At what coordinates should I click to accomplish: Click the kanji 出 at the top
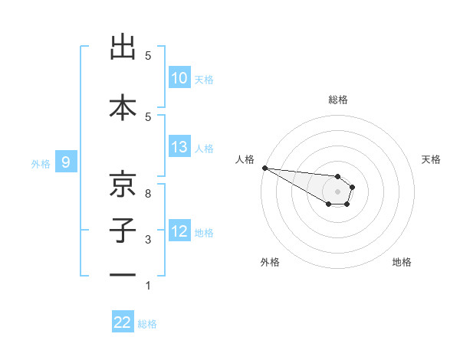coord(123,48)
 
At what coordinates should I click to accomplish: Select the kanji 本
coord(123,106)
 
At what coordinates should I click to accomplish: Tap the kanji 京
coord(123,185)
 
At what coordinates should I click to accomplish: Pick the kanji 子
coord(123,231)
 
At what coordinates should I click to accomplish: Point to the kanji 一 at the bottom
coord(123,275)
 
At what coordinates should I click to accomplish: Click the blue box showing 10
coord(179,78)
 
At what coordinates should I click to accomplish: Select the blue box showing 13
coord(179,147)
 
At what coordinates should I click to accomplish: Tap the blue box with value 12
coord(179,231)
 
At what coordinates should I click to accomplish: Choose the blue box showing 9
coord(67,162)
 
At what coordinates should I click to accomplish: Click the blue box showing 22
coord(123,322)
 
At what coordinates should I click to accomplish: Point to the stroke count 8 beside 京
coord(148,194)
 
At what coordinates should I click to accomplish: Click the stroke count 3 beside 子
coord(148,240)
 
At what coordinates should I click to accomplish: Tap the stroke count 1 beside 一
coord(148,286)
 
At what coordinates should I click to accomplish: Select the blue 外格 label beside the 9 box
coord(41,162)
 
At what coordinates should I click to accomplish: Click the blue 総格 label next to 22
coord(147,324)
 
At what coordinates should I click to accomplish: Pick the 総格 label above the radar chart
coord(338,100)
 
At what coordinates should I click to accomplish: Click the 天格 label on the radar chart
coord(432,159)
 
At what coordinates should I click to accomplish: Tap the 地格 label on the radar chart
coord(402,262)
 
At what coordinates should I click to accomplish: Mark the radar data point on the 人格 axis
coord(264,168)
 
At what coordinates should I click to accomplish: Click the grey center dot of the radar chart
coord(338,191)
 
